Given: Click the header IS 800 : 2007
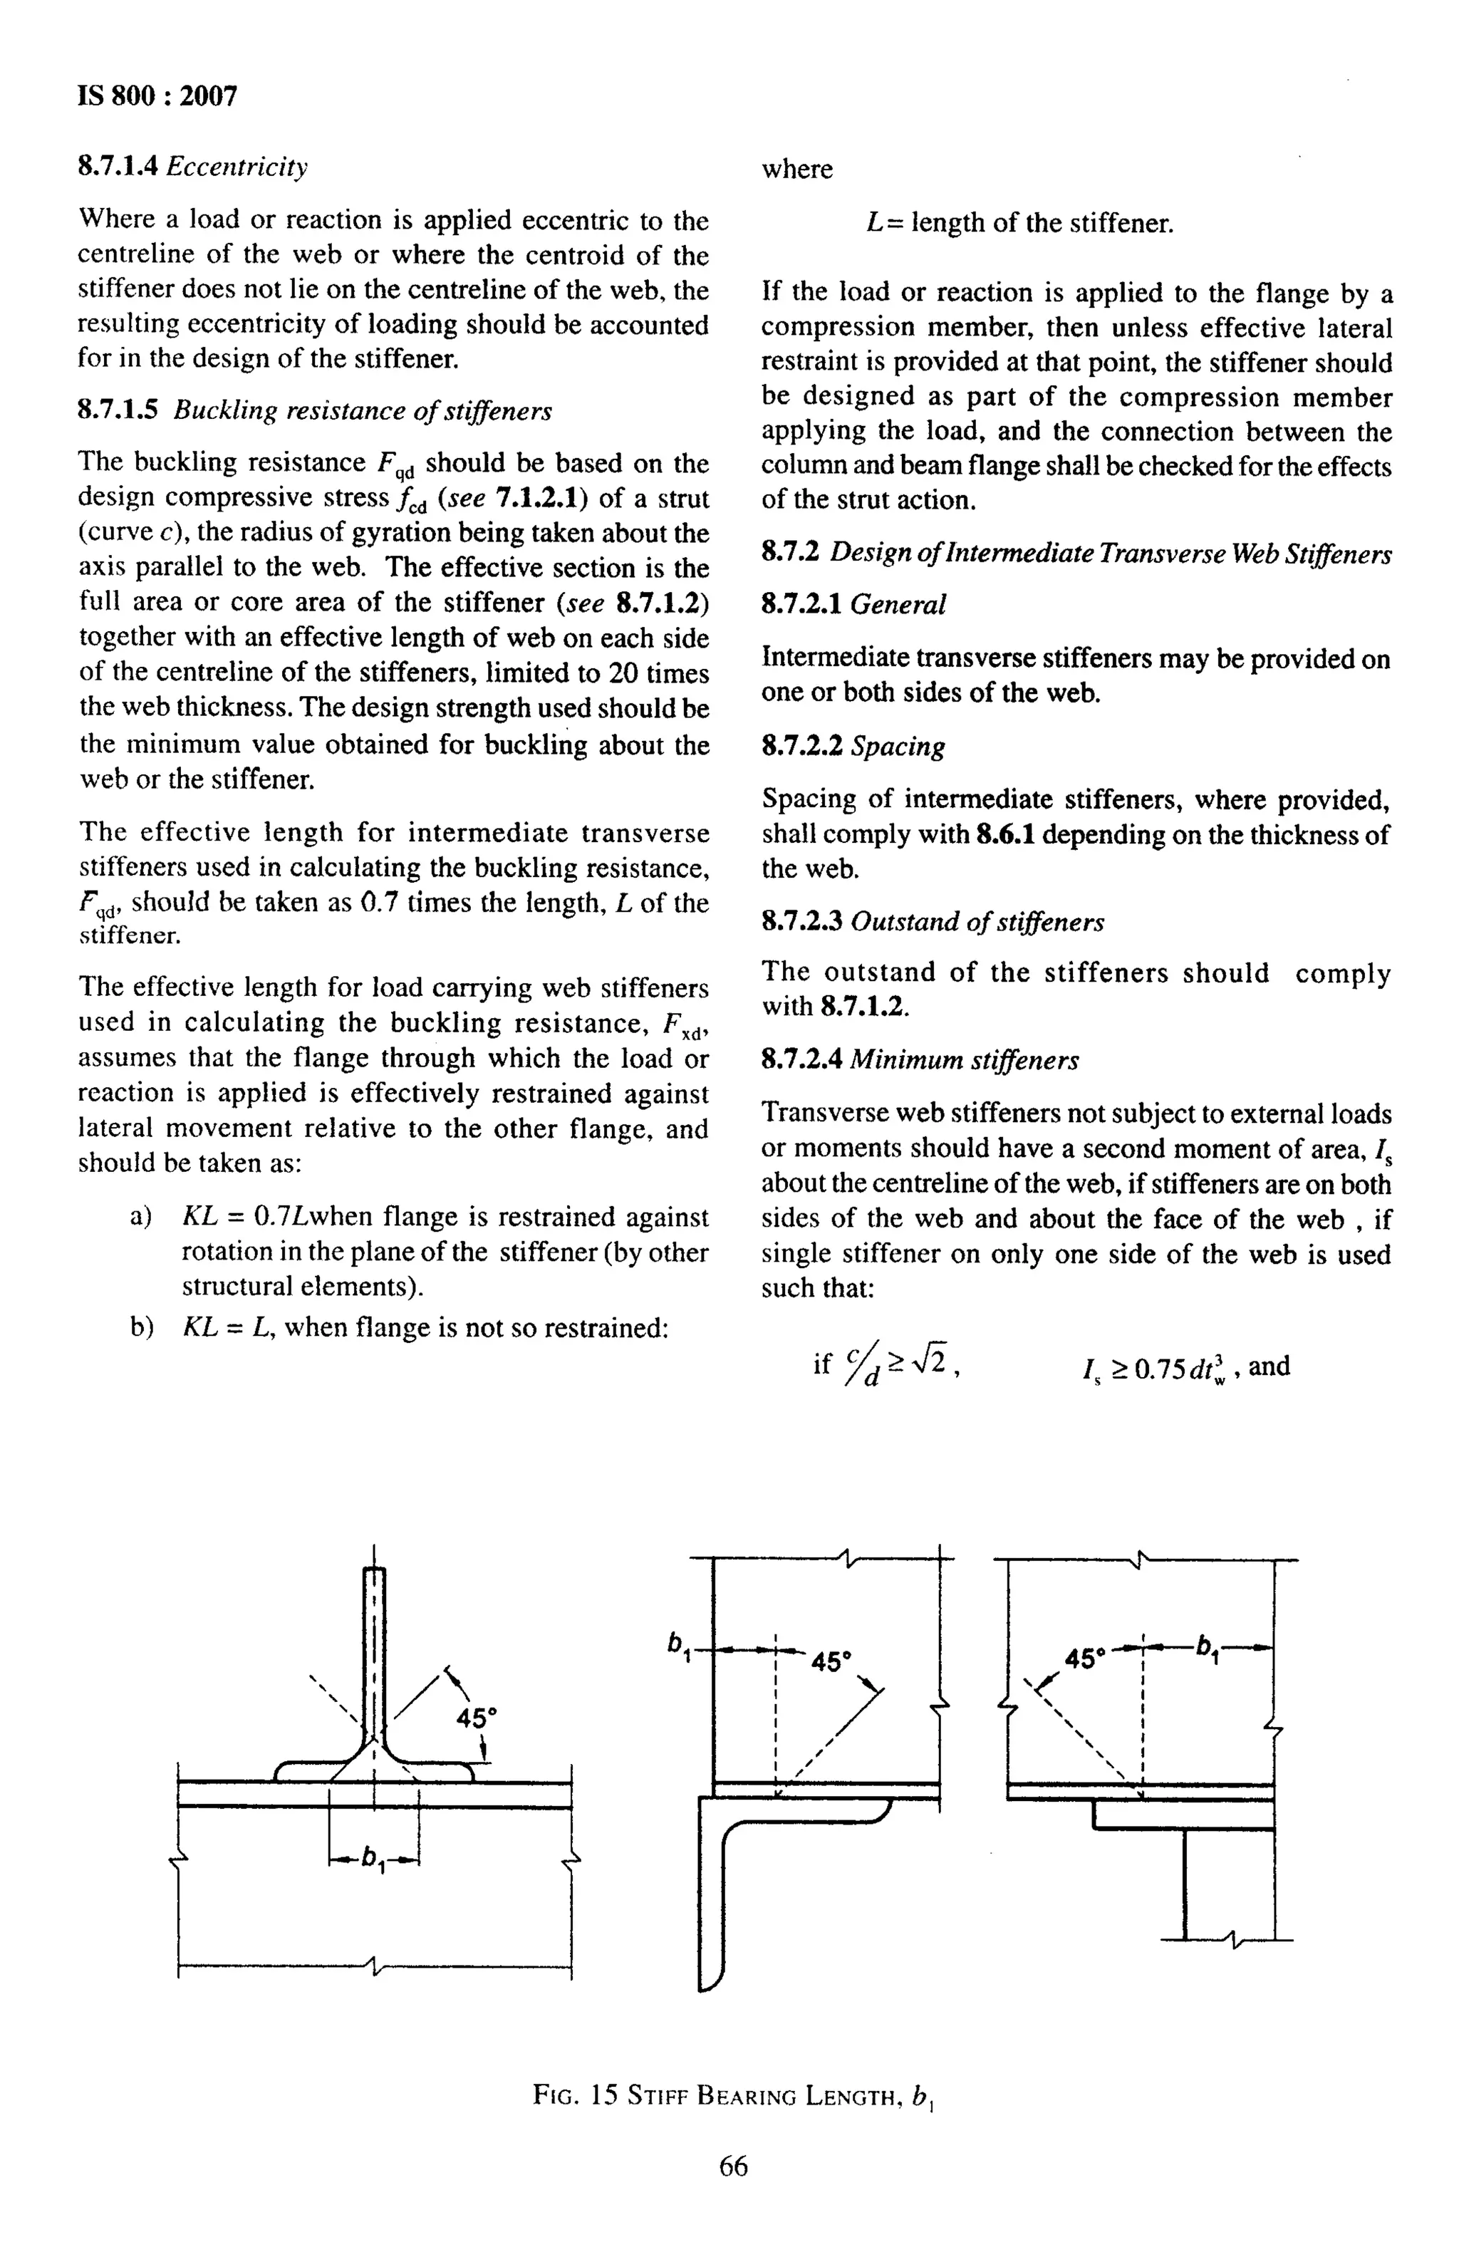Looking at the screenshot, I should coord(157,95).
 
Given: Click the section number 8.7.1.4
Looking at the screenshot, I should coord(118,167).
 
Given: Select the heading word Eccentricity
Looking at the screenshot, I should coord(237,167).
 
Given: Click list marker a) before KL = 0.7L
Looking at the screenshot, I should coord(141,1217).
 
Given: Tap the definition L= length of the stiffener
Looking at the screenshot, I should coord(1019,223).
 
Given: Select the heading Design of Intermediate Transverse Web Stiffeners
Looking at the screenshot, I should coord(1110,554).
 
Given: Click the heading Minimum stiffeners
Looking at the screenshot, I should coord(963,1060).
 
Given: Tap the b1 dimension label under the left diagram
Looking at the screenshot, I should coord(373,1861).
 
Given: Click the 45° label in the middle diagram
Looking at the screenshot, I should coord(831,1661).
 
